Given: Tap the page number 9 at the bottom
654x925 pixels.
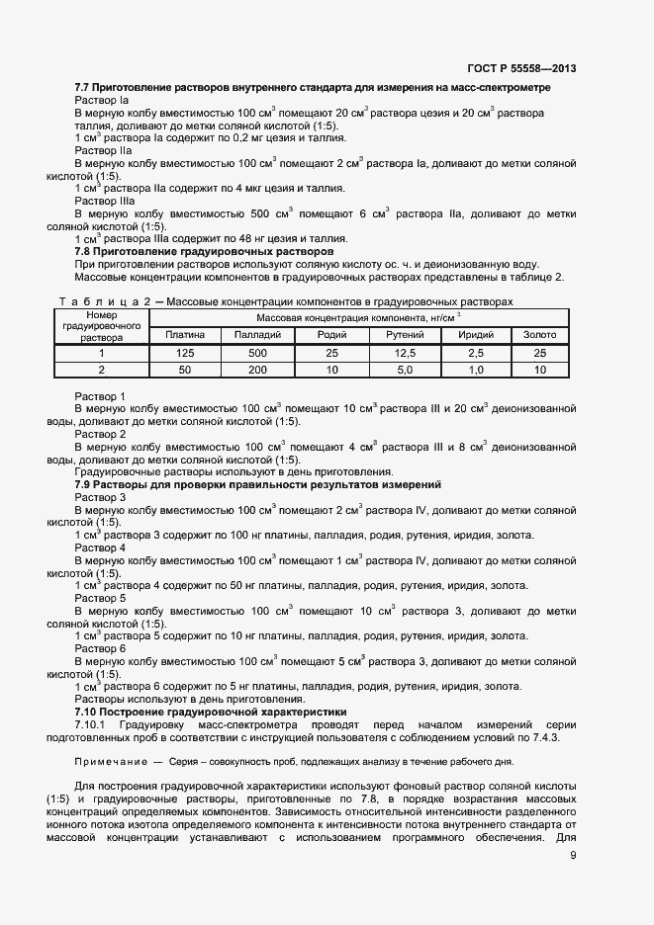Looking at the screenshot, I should [x=574, y=856].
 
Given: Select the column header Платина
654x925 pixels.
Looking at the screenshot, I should [x=185, y=335].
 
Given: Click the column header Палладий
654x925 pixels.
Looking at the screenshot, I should [x=257, y=335].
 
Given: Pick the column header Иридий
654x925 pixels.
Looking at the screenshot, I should [x=475, y=335].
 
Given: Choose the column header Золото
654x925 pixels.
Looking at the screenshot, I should [x=539, y=335].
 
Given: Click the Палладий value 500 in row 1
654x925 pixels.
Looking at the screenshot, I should [x=257, y=353].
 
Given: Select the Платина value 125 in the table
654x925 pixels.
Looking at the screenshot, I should [x=185, y=353].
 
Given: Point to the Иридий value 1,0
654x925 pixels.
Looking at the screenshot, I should [x=475, y=370].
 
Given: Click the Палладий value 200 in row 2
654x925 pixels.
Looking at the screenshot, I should [x=257, y=370].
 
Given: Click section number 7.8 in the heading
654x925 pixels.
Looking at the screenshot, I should [x=84, y=251].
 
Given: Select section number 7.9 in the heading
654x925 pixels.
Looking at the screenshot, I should [x=84, y=484].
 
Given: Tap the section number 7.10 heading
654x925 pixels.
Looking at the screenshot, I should [x=87, y=711].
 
